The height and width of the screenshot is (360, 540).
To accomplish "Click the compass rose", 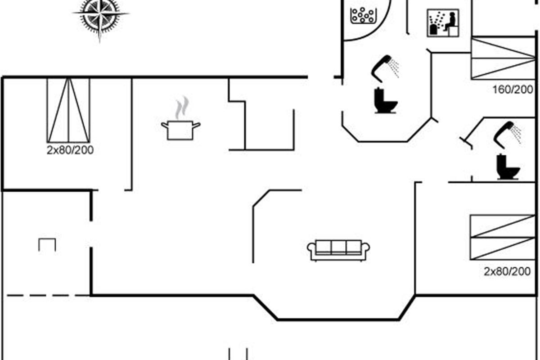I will coord(100,15).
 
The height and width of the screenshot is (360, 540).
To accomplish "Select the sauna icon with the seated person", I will coord(443,23).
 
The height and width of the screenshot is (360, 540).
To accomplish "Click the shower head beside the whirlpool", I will coord(385,67).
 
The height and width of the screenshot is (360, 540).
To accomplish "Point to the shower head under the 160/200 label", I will coord(508,134).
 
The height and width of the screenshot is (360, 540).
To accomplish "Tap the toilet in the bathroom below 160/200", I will coord(508,167).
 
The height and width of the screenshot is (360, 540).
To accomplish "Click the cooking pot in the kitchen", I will coord(180,130).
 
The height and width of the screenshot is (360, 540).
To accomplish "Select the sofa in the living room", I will coord(338,250).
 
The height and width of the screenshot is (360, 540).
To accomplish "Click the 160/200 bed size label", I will coord(513,89).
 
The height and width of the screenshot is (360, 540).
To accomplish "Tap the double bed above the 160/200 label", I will coord(503,58).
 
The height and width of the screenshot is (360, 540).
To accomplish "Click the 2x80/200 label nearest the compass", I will coord(70,150).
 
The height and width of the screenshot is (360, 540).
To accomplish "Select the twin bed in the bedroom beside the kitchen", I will coord(68,110).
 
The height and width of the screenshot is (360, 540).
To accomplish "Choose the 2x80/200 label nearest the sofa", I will coord(507,271).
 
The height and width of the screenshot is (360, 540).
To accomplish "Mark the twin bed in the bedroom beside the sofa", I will coord(503,237).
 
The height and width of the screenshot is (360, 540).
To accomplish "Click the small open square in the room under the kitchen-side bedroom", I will coord(47,245).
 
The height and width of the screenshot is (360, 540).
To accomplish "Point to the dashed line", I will coord(47,296).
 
